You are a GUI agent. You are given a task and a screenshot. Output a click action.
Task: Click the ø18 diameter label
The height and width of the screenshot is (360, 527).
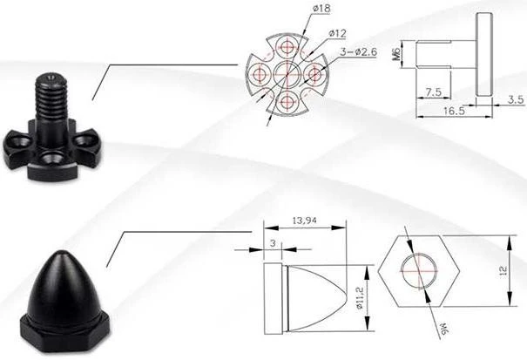[321, 8]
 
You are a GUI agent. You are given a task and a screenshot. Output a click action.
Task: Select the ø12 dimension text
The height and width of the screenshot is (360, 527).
[337, 33]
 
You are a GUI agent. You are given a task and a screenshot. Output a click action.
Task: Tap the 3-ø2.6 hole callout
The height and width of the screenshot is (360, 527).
[358, 51]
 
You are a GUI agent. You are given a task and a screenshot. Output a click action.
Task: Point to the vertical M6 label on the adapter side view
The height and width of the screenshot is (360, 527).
[397, 53]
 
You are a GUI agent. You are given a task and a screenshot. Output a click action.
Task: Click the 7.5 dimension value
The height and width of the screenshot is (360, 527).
[433, 92]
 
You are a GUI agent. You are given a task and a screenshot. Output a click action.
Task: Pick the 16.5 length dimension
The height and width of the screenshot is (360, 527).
[454, 111]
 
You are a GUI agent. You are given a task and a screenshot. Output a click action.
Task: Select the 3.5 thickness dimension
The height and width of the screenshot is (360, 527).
[516, 99]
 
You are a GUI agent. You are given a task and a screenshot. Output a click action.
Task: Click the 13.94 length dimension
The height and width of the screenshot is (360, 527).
[305, 221]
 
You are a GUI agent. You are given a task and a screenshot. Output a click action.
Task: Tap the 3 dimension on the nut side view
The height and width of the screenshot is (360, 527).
[273, 243]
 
